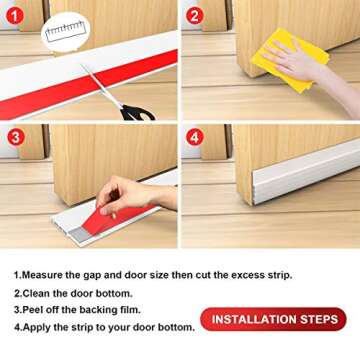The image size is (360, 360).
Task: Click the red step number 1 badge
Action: point(14,15)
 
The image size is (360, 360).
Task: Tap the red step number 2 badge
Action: point(195,15)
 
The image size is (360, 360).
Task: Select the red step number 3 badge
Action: point(14,137)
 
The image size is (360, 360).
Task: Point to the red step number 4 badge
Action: point(195,137)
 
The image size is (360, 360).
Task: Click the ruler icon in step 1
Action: point(66,29)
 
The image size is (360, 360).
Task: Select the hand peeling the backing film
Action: point(130,195)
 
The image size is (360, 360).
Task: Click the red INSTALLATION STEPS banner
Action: point(273,319)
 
